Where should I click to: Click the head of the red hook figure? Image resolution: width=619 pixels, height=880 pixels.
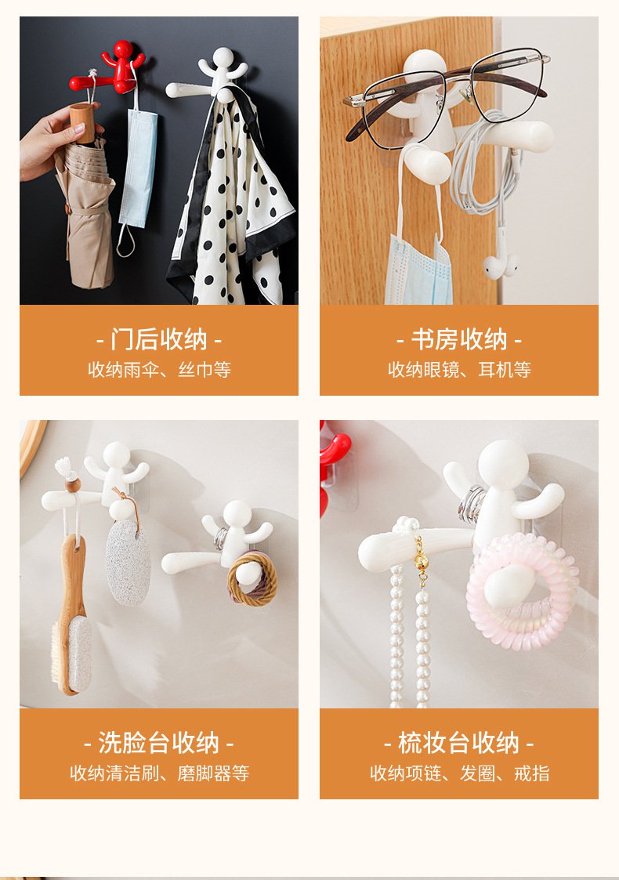tap(123, 49)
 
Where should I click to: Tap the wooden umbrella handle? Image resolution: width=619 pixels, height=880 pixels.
tap(82, 122)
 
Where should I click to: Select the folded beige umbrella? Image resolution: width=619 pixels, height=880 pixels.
tap(84, 212)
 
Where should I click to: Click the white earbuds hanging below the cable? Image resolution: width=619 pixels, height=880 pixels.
tap(501, 265)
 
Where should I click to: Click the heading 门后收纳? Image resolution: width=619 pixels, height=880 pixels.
tap(159, 339)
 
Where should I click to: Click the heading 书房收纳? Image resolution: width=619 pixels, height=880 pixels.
tap(459, 339)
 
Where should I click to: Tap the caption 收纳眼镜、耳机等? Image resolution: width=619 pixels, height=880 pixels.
tap(459, 369)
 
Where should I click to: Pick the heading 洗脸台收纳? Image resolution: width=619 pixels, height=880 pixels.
tap(159, 743)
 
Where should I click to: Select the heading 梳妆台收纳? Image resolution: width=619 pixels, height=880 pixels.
tap(459, 743)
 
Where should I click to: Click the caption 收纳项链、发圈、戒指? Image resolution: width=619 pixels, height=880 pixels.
tap(459, 773)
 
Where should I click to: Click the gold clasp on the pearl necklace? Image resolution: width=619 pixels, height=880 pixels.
tap(420, 560)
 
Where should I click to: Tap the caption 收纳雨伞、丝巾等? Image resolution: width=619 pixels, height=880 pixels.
tap(159, 369)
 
